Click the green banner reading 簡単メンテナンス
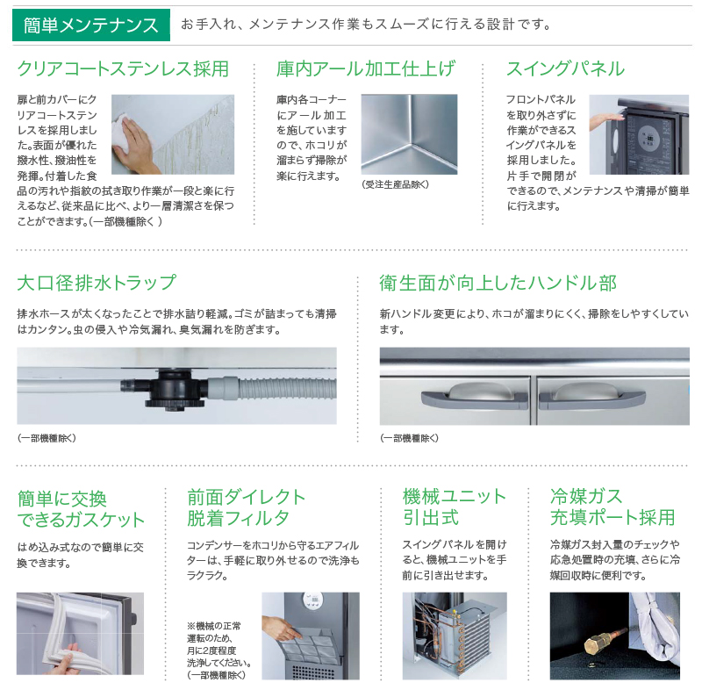[91, 24]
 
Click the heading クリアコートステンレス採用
[123, 69]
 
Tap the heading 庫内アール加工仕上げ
[366, 69]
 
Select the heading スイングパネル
[565, 69]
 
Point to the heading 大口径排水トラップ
[97, 284]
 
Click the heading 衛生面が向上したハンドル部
[498, 284]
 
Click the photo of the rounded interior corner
[409, 134]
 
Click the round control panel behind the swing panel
[648, 138]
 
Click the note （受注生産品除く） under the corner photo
[395, 184]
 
